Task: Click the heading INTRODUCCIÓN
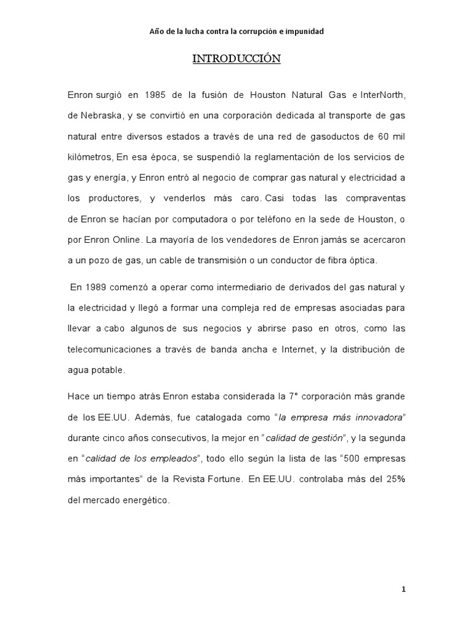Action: (236, 59)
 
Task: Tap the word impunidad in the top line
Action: (301, 31)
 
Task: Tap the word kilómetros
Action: (90, 157)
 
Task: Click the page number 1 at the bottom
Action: (403, 589)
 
